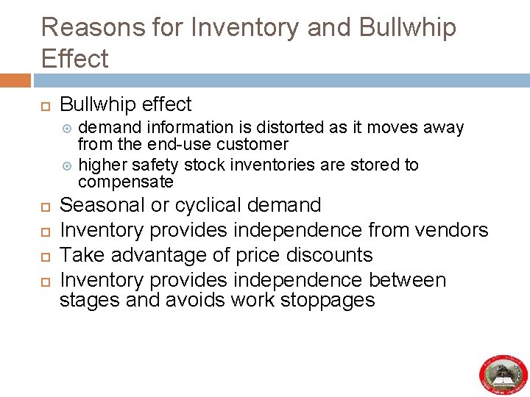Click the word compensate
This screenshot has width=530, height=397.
pyautogui.click(x=126, y=182)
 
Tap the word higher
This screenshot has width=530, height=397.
pyautogui.click(x=102, y=165)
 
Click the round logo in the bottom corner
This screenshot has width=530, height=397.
pyautogui.click(x=504, y=373)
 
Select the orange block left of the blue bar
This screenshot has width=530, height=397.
pyautogui.click(x=15, y=80)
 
